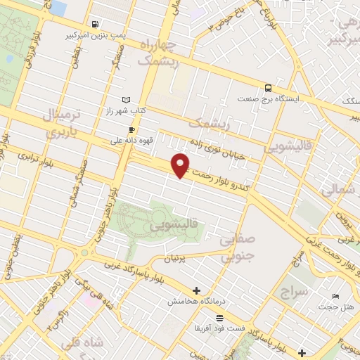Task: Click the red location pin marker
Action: (x=181, y=165)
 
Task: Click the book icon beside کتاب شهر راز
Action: (x=126, y=101)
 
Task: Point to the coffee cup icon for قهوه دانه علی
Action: (x=131, y=130)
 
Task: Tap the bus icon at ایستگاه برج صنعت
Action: (x=268, y=88)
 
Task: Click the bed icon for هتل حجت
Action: (x=335, y=296)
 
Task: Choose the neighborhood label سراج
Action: (x=294, y=290)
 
